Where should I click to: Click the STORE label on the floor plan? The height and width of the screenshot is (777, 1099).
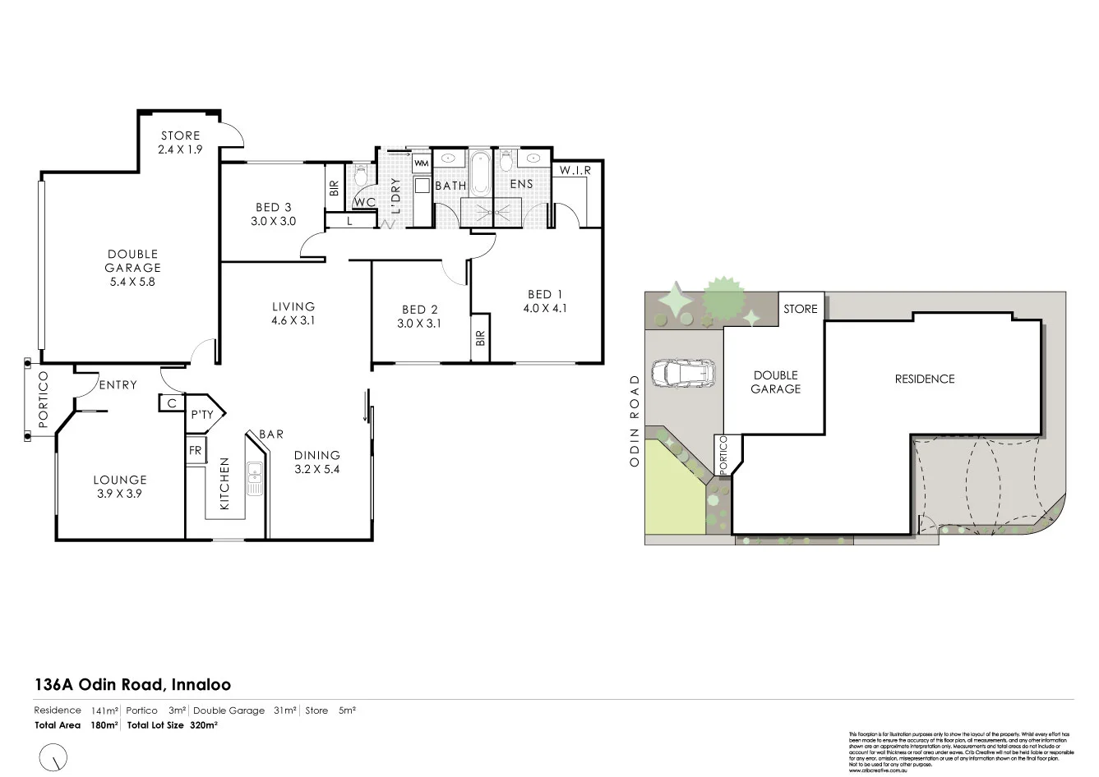tap(180, 136)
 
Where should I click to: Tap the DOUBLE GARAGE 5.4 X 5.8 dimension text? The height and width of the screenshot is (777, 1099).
tap(132, 281)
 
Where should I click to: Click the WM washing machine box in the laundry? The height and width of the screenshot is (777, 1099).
tap(421, 163)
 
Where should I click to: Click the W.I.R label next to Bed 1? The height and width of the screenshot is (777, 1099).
tap(575, 171)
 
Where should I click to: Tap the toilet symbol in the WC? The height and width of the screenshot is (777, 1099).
tap(360, 175)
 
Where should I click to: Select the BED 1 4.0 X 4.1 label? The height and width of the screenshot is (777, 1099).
tap(544, 301)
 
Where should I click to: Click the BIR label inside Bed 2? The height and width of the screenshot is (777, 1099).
tap(480, 338)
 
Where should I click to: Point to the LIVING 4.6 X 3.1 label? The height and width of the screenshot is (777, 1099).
tap(293, 314)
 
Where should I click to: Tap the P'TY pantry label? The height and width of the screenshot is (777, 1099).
tap(201, 415)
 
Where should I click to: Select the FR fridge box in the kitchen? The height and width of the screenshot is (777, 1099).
tap(195, 451)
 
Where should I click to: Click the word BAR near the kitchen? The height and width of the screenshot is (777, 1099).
tap(271, 434)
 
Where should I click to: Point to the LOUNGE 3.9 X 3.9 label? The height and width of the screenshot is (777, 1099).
tap(120, 486)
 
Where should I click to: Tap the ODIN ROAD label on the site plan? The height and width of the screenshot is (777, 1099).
tap(634, 421)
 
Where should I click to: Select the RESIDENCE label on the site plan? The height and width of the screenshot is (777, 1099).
tap(925, 379)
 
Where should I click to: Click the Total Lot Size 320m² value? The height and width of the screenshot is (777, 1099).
tap(204, 725)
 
